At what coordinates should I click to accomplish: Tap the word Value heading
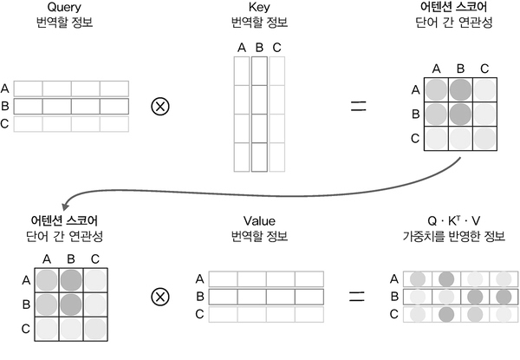pyautogui.click(x=260, y=220)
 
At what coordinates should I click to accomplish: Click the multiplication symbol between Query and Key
pyautogui.click(x=160, y=106)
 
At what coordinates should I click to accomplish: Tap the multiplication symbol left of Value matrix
pyautogui.click(x=160, y=297)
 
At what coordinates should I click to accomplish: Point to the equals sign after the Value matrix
pyautogui.click(x=355, y=297)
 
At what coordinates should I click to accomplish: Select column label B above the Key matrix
pyautogui.click(x=259, y=48)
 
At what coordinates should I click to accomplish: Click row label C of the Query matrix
pyautogui.click(x=6, y=123)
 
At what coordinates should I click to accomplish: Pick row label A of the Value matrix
pyautogui.click(x=200, y=279)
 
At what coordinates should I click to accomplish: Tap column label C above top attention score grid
pyautogui.click(x=484, y=69)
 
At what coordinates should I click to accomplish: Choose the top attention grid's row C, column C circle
pyautogui.click(x=484, y=137)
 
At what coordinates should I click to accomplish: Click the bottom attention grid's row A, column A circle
pyautogui.click(x=49, y=279)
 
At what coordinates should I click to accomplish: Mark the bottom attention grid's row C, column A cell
pyautogui.click(x=49, y=327)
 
